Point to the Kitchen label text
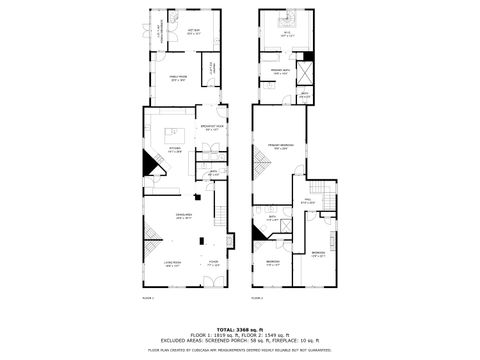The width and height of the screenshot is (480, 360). click(x=175, y=151)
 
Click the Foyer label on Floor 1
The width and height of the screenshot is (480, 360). click(x=213, y=264)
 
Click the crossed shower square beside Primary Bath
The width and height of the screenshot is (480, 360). click(x=307, y=72)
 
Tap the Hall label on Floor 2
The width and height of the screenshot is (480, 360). click(x=310, y=201)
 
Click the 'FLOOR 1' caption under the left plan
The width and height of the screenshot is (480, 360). click(x=148, y=298)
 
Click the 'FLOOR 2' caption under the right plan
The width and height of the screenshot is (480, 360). click(x=257, y=298)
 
